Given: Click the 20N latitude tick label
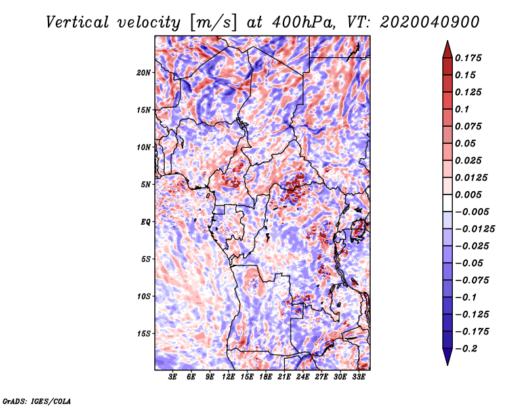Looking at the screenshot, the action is [143, 73].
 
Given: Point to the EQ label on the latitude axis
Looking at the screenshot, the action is [145, 222].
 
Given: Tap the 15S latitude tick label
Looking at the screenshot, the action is [144, 334].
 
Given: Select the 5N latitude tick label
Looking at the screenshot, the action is [146, 185].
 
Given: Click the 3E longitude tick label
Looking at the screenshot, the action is [173, 377].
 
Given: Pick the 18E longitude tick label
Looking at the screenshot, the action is [266, 377].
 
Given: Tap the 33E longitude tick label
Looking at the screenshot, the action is [358, 377].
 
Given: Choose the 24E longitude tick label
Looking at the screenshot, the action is [303, 377].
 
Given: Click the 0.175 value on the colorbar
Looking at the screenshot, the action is [468, 58].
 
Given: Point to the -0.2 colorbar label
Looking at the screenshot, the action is [466, 349].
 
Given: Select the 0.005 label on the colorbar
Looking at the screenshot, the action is [468, 194].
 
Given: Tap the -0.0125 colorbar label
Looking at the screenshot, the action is [474, 229].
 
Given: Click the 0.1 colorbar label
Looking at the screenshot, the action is [462, 109].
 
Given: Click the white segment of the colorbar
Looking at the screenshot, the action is [448, 203].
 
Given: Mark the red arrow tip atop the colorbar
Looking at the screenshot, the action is [448, 41].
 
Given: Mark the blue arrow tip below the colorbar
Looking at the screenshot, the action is [448, 365].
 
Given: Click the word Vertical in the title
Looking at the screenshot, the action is [77, 22].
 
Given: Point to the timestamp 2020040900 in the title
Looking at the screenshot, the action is [430, 22].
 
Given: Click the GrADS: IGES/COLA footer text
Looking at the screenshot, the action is [37, 401].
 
